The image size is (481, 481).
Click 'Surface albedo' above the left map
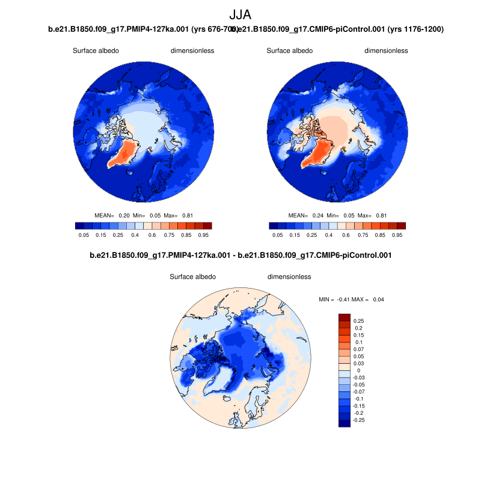coord(96,51)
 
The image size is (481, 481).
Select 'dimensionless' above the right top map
coord(386,51)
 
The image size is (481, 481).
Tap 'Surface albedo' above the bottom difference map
coord(192,277)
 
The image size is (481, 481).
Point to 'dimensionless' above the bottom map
coord(289,277)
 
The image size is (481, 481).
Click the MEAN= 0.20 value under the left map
coord(112,215)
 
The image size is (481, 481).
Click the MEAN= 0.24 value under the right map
coord(306,215)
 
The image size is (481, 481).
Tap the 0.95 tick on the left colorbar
coord(204,235)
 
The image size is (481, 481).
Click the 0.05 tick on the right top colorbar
coord(278,235)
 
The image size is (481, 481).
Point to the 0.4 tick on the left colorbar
coord(135,235)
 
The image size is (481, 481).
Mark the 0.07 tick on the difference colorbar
coord(358,349)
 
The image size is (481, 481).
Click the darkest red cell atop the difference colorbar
coord(345,317)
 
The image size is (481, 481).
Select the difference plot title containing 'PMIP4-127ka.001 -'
coord(240,256)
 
